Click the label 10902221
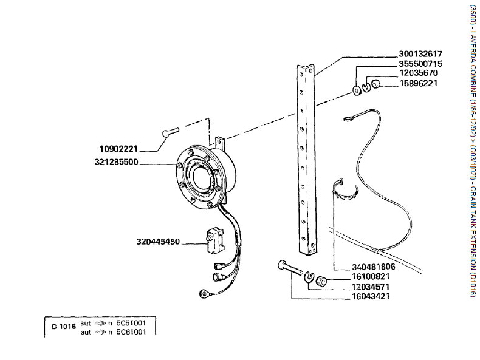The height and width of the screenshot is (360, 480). pos(119,148)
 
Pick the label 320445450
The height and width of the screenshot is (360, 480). pos(158,242)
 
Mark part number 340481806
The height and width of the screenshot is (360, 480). pos(374,267)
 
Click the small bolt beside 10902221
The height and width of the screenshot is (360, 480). pos(169,132)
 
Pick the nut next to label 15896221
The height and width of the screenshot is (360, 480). pos(377,84)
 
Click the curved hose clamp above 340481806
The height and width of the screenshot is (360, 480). pos(348,191)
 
